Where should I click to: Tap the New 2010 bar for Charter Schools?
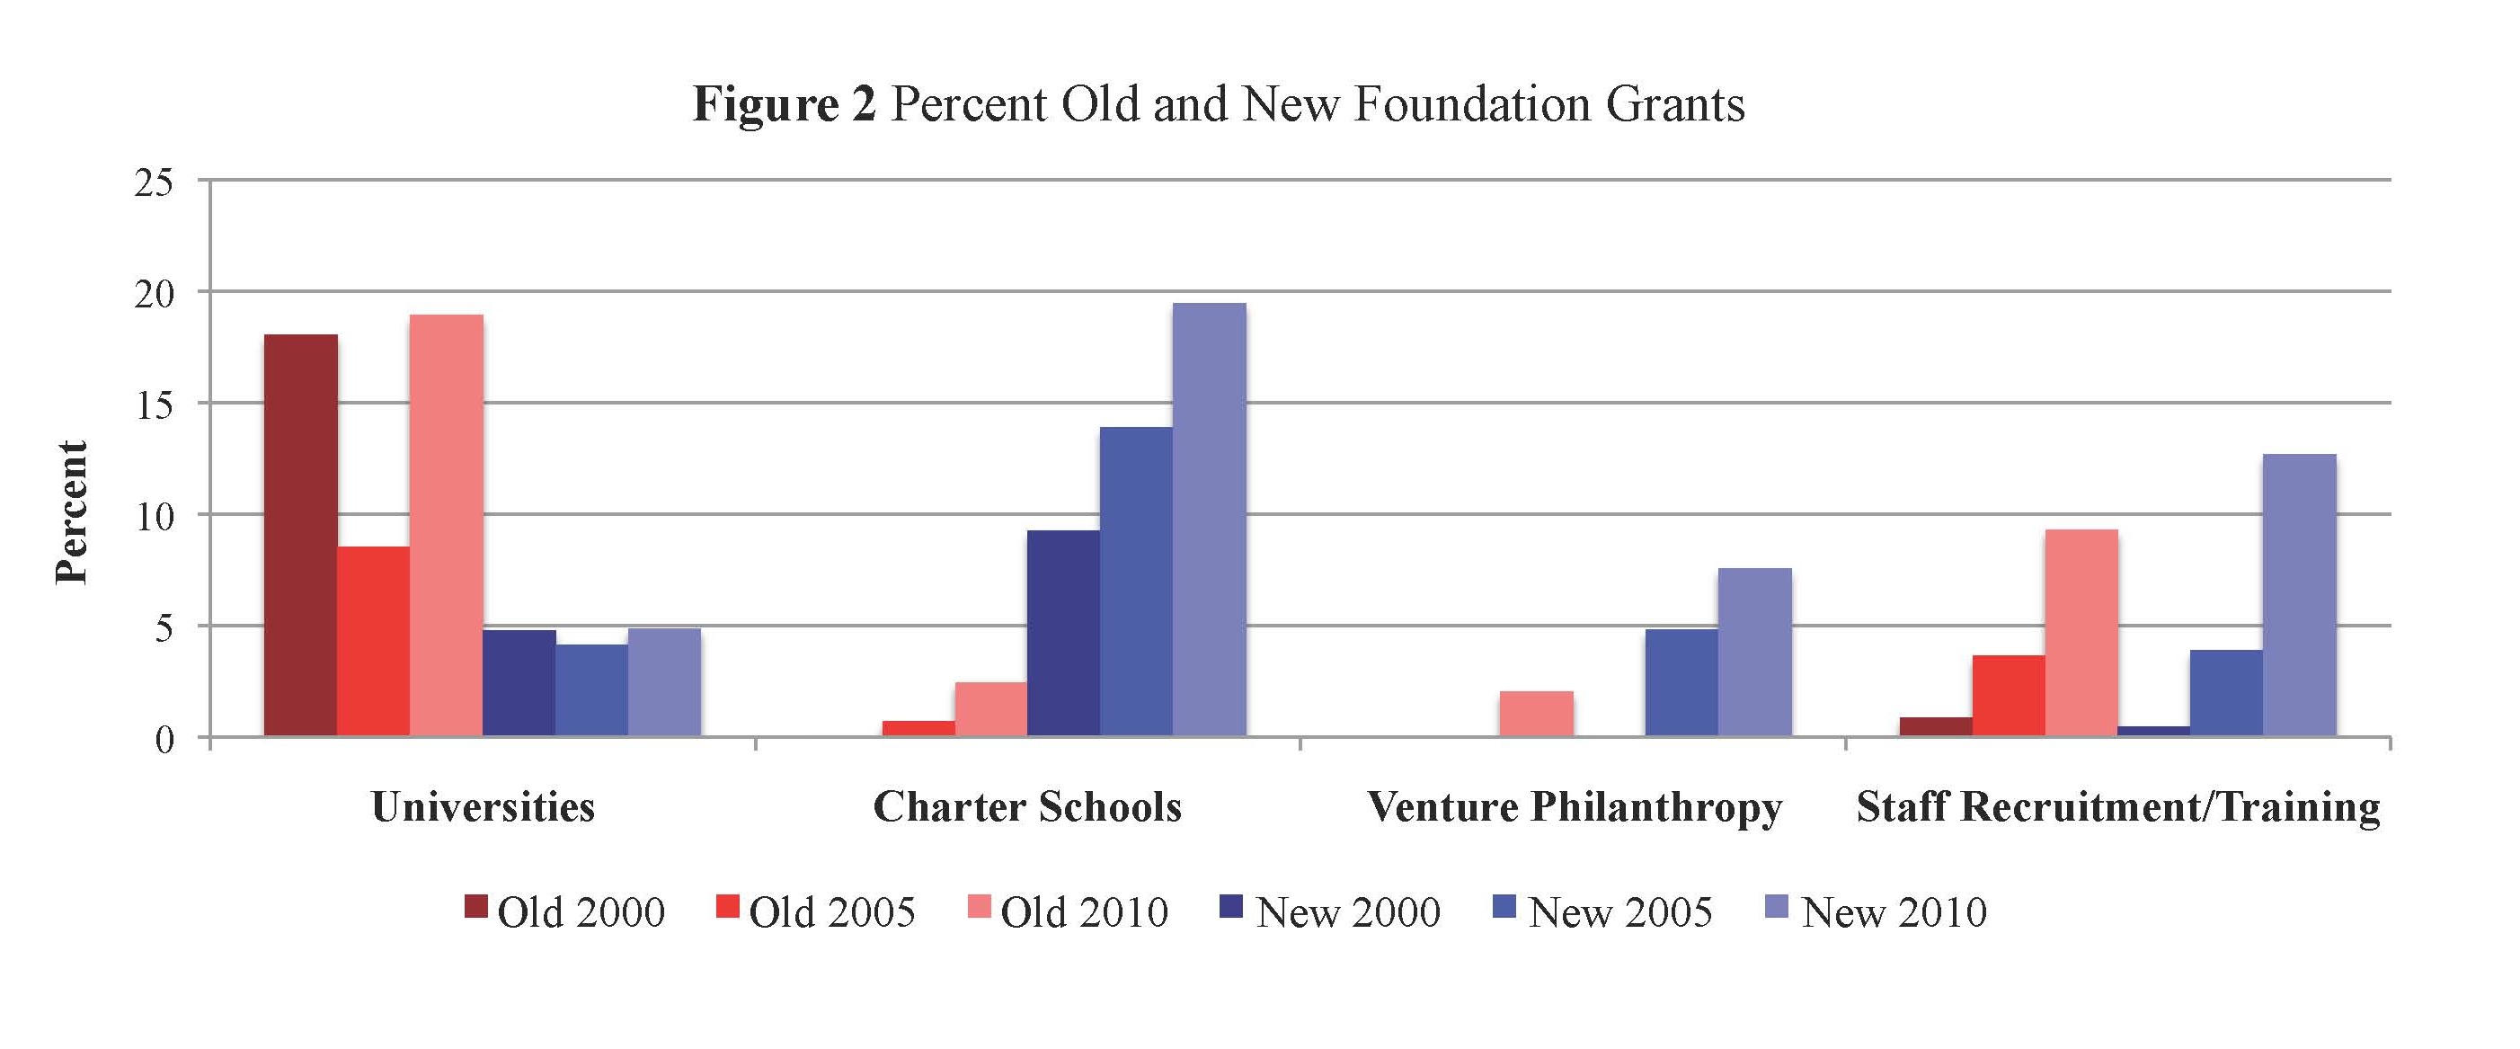click(x=1209, y=520)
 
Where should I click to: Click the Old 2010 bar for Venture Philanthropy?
click(x=1537, y=714)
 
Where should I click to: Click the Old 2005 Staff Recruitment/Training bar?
click(x=2009, y=696)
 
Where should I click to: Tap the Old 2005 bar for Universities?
click(x=373, y=641)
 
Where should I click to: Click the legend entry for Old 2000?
click(x=564, y=912)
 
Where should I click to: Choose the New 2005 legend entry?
click(x=1602, y=912)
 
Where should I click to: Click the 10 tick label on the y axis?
click(x=153, y=516)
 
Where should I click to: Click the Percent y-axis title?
click(x=71, y=512)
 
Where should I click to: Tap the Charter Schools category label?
click(x=1027, y=807)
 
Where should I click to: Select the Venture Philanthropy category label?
click(x=1574, y=807)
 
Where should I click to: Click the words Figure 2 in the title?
click(x=785, y=103)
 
